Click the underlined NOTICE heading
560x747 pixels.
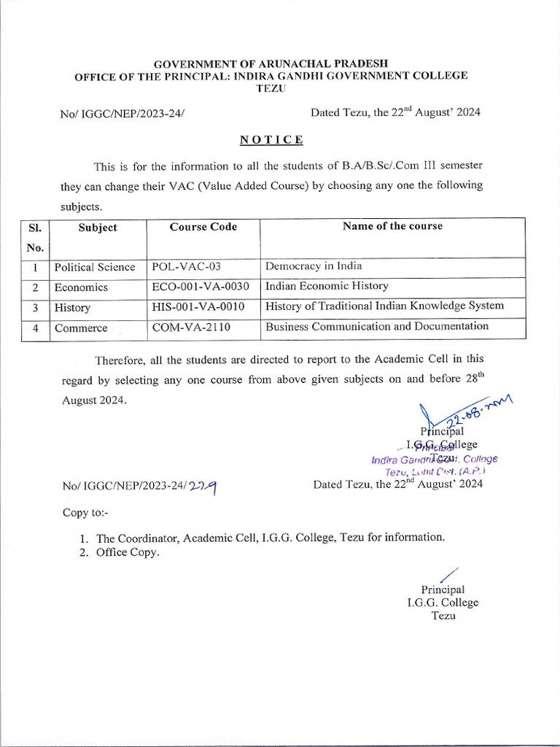tap(272, 139)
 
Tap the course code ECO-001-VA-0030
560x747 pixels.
tap(201, 287)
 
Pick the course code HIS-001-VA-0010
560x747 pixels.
tap(198, 307)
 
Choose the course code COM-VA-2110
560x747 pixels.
tap(191, 328)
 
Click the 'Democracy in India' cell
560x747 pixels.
tap(314, 266)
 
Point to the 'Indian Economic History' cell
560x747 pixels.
tap(327, 286)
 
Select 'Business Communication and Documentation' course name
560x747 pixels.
tap(377, 326)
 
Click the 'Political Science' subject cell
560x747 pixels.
tap(95, 267)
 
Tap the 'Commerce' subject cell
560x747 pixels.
tap(81, 328)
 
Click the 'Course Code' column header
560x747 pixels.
tap(203, 227)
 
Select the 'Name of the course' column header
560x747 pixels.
tap(392, 226)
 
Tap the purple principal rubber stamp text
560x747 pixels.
tap(435, 460)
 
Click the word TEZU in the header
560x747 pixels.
tap(271, 88)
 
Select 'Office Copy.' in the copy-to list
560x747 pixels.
tap(128, 552)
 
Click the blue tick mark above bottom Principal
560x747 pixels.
tap(448, 575)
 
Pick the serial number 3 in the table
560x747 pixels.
tap(35, 308)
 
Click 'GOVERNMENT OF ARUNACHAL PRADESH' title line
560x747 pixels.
tap(271, 64)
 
